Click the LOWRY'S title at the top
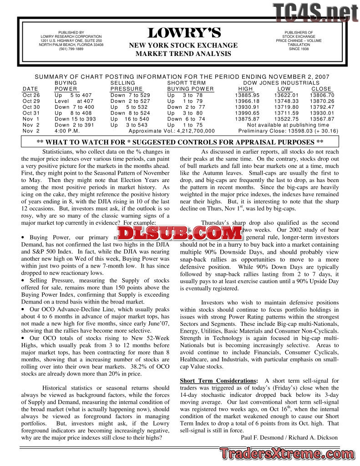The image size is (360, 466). point(184,33)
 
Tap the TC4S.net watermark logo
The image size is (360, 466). point(315,12)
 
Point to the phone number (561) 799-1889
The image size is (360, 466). point(71,49)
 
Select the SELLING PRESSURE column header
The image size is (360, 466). point(127,86)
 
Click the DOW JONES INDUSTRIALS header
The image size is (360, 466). point(281,83)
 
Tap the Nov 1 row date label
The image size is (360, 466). point(31,119)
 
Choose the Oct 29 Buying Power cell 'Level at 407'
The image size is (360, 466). point(73,101)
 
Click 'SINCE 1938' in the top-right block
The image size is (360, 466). point(298,49)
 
